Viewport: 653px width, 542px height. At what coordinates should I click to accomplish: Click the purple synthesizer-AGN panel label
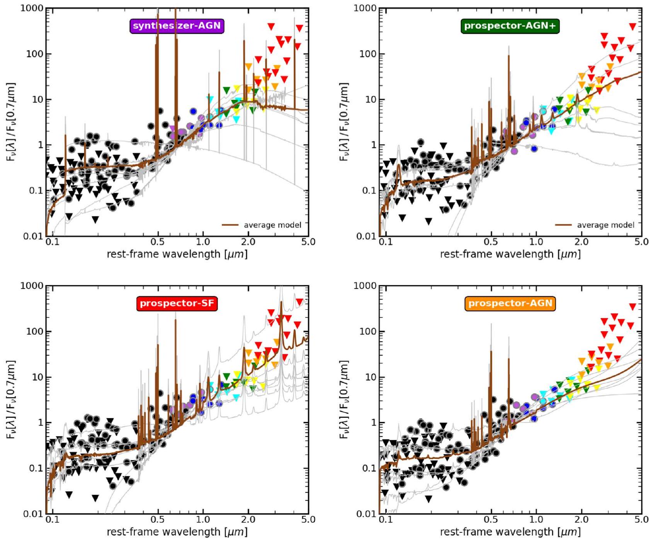point(177,26)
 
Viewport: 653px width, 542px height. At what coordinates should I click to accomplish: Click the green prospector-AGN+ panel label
point(510,26)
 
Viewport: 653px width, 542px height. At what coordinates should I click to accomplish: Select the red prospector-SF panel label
point(177,303)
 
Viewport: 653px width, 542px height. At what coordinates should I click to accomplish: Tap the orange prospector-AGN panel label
point(510,303)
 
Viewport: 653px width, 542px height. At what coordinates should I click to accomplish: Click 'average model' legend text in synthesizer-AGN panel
point(272,225)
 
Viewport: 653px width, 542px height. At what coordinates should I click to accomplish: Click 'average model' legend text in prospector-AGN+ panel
point(605,225)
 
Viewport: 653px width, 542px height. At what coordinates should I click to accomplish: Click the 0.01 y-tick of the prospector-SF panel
point(33,514)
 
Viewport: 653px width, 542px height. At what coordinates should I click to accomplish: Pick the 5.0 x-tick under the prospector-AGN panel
point(641,520)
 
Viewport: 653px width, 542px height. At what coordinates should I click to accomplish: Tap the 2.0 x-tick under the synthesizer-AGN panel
point(248,242)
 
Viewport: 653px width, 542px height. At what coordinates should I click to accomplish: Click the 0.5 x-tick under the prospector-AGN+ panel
point(491,242)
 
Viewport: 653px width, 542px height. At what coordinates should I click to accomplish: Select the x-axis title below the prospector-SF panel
point(177,532)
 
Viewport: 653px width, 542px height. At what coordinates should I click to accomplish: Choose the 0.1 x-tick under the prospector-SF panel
point(53,520)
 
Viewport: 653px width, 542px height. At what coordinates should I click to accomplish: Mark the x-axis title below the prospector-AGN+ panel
point(510,254)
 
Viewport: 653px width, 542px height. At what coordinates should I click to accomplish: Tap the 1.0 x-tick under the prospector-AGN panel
point(536,520)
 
